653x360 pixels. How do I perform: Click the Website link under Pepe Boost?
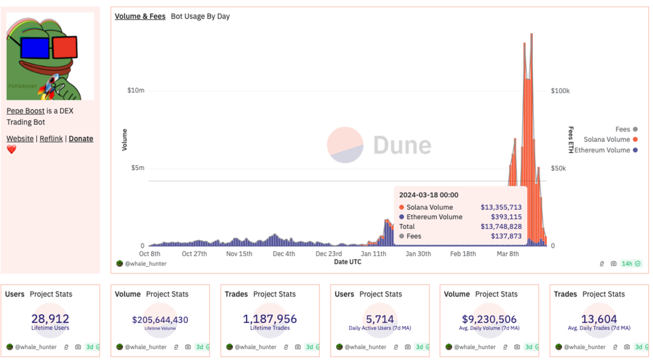click(20, 139)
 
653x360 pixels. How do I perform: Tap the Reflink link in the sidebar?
click(51, 139)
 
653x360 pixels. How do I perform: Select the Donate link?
click(81, 139)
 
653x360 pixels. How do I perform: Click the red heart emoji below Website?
click(11, 149)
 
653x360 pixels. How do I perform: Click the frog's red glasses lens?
click(65, 47)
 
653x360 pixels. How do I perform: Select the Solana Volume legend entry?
click(606, 140)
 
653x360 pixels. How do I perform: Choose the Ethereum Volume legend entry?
click(602, 150)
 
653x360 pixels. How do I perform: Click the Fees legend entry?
click(623, 129)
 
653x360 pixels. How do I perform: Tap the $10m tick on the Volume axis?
click(136, 91)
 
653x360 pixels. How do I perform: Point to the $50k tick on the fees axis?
click(560, 168)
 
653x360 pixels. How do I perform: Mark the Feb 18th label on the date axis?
click(463, 254)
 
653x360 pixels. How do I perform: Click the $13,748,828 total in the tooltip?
click(501, 226)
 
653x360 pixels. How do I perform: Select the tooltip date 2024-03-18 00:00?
click(429, 195)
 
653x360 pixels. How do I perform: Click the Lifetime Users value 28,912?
click(50, 319)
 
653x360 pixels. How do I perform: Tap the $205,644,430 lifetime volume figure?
click(160, 320)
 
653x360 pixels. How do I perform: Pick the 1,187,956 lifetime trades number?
click(270, 319)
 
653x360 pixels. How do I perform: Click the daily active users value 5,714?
click(380, 319)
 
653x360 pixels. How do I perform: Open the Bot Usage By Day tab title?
click(200, 16)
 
